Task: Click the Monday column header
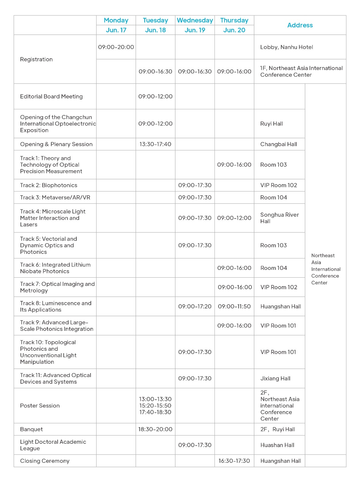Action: point(116,20)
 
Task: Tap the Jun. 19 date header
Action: point(195,30)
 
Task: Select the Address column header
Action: point(300,25)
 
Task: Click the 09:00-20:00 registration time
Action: point(116,47)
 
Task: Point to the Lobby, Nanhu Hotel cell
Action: point(286,47)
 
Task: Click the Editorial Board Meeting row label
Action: point(51,97)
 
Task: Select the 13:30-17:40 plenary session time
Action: point(155,144)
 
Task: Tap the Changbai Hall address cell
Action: point(279,144)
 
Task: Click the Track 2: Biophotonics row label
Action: point(49,185)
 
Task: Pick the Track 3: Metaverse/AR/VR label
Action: point(55,197)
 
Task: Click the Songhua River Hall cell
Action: point(279,218)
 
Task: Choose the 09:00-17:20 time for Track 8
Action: point(195,306)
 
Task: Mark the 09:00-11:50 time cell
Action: point(234,306)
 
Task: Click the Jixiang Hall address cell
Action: point(275,379)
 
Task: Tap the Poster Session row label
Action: point(40,406)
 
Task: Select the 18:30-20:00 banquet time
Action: point(155,429)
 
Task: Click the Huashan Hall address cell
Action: point(277,445)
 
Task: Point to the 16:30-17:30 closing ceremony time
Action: point(234,461)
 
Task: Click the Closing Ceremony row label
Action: point(45,461)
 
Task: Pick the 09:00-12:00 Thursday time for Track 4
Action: point(234,218)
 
